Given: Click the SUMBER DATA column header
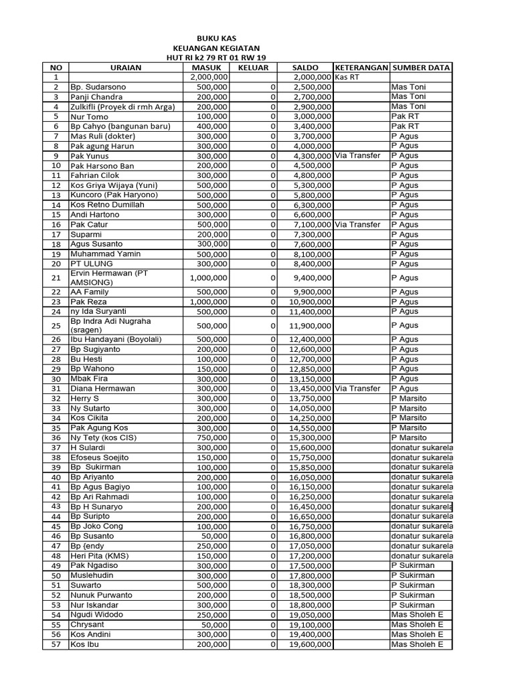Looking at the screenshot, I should pos(421,68).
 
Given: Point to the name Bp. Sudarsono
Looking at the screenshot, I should pos(98,88).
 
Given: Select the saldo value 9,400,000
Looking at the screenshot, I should pos(311,278).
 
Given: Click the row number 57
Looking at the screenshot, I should pos(56,645).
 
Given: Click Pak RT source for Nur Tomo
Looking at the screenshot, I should pos(404,117).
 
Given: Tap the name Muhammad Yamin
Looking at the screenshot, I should pos(104,254).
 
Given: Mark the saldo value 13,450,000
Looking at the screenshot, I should pos(311,389).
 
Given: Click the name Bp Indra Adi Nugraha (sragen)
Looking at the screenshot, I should pos(111,325).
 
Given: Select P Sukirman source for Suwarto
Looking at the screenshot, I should pos(412,585).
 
